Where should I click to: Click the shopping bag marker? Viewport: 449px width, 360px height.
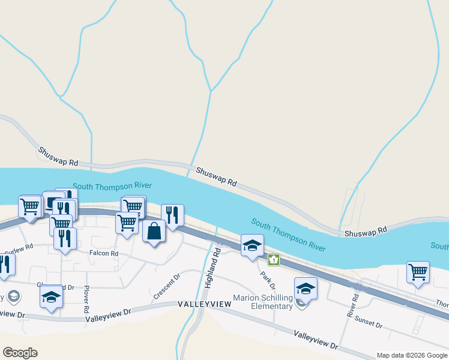(154, 231)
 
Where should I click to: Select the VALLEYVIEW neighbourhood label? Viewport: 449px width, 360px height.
(205, 305)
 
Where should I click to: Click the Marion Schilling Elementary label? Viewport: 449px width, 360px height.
(264, 302)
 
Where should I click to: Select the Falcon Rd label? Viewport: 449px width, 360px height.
(104, 254)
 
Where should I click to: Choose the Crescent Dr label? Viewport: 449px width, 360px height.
(167, 286)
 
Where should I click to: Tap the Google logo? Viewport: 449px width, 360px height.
(20, 353)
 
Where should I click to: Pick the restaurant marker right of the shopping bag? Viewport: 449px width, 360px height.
(172, 215)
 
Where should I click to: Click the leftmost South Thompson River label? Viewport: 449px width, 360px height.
(112, 186)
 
